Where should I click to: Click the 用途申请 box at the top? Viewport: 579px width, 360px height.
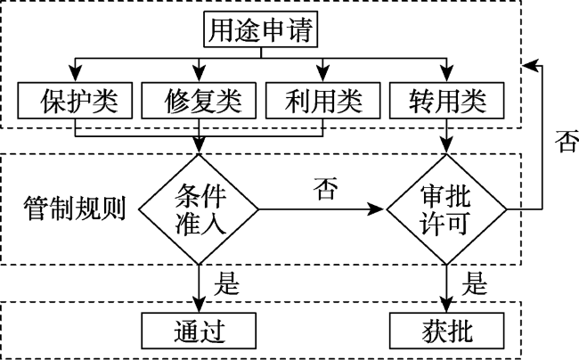point(261,29)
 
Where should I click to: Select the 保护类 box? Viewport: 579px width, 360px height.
point(75,101)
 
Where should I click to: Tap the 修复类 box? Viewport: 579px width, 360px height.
point(199,101)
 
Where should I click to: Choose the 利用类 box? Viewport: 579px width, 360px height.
point(323,101)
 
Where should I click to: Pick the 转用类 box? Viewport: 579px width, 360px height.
point(447,101)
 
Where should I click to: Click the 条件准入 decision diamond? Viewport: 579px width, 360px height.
point(199,209)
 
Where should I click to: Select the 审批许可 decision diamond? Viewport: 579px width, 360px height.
point(446,209)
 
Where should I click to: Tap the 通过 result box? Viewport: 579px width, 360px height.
point(199,331)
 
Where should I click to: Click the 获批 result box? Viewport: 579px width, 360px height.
point(447,331)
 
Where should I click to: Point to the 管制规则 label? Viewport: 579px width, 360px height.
point(74,209)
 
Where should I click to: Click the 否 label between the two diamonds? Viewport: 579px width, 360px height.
point(325,189)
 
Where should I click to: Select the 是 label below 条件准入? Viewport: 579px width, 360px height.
point(227,283)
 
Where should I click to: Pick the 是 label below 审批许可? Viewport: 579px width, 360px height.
point(475,283)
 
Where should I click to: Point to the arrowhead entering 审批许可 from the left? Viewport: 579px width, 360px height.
point(377,209)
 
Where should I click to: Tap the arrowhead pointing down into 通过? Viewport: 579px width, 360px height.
point(199,305)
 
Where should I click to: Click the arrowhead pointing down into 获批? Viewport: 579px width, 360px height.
point(447,305)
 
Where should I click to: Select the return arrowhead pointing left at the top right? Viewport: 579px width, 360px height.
point(530,66)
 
